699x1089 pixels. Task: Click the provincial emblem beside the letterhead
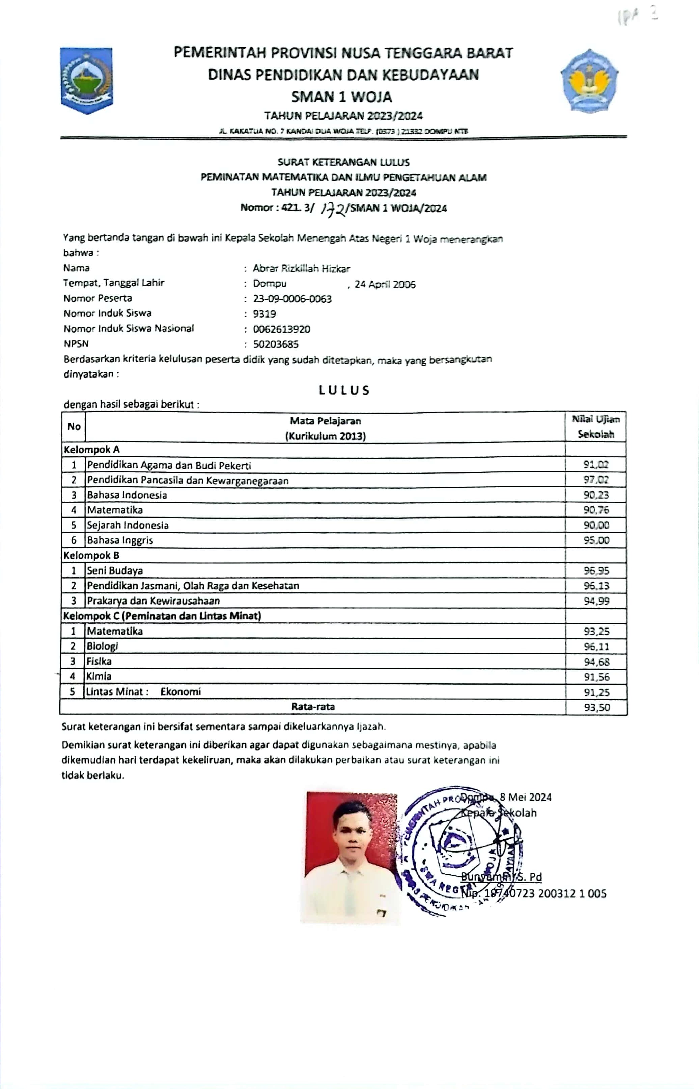pos(87,80)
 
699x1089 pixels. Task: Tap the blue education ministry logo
pos(589,80)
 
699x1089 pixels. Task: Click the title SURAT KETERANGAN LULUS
pos(344,162)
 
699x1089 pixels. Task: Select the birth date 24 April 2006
pos(385,285)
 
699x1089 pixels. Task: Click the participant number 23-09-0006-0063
pos(292,299)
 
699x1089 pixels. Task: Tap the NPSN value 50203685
pos(276,344)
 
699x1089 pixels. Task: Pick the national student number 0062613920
pos(281,329)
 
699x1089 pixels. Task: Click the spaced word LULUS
pos(344,390)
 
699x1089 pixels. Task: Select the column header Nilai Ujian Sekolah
pos(595,427)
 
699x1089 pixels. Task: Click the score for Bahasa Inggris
pos(596,540)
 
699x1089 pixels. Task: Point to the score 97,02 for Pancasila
pos(596,480)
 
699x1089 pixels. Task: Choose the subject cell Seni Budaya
pos(115,570)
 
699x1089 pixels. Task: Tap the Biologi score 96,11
pos(596,646)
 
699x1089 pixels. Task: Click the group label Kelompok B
pos(91,556)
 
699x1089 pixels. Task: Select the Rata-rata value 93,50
pos(596,707)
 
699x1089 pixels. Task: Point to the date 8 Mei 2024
pos(525,798)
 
